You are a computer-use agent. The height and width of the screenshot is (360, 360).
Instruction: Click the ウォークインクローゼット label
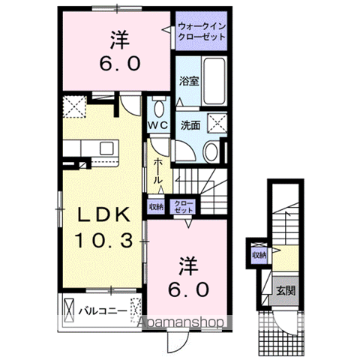click(202, 31)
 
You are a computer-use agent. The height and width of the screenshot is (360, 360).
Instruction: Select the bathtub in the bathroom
click(214, 81)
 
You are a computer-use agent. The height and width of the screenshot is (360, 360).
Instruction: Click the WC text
click(157, 125)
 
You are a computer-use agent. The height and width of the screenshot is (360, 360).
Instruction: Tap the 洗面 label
click(190, 125)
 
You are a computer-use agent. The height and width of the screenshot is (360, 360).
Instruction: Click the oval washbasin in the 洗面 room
click(211, 152)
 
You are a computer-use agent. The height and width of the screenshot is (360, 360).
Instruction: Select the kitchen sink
click(106, 148)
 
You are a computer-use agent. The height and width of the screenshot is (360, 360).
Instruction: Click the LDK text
click(104, 215)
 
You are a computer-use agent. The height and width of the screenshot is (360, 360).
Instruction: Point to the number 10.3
click(104, 241)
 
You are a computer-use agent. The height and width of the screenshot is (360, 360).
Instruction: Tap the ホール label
click(157, 171)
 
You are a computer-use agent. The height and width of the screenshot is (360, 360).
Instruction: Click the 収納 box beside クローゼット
click(156, 207)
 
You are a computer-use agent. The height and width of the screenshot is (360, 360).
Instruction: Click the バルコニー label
click(103, 311)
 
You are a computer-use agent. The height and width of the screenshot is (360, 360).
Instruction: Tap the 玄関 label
click(286, 291)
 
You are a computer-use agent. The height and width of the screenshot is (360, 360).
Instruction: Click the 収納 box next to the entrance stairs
click(259, 255)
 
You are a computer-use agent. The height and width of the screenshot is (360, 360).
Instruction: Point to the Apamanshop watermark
click(181, 322)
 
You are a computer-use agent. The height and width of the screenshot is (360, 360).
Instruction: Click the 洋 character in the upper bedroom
click(119, 40)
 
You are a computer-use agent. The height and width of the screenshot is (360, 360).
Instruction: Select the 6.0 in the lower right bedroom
click(188, 289)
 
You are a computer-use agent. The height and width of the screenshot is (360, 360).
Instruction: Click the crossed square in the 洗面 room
click(217, 122)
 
